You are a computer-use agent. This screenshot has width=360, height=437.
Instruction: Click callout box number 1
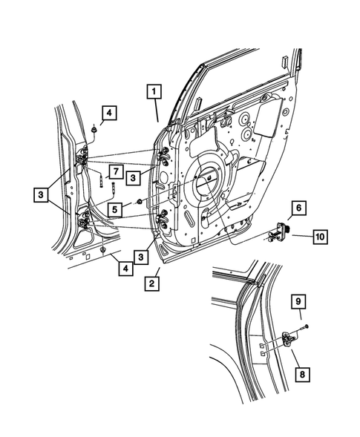[153, 93]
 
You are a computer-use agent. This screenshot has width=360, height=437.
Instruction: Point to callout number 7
[114, 172]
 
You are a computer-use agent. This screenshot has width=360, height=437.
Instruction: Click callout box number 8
[301, 375]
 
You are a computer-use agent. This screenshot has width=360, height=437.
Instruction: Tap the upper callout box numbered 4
[109, 113]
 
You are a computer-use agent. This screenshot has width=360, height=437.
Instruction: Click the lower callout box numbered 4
[126, 268]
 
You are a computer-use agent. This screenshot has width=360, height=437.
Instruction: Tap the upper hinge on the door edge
[163, 157]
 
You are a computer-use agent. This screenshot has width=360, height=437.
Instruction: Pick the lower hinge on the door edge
[162, 216]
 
